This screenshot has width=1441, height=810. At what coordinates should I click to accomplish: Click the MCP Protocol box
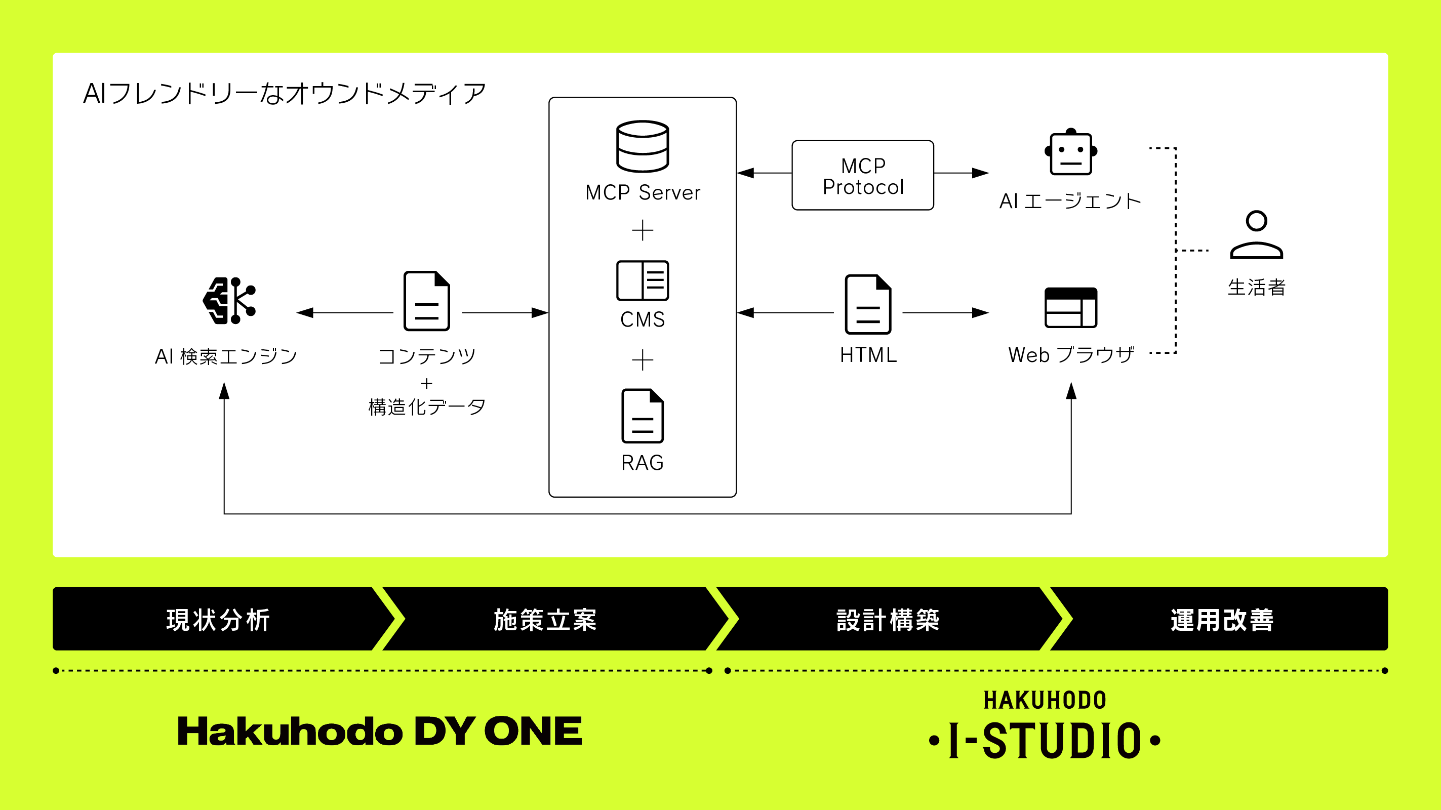coord(863,176)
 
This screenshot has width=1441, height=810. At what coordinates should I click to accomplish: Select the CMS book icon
coord(642,280)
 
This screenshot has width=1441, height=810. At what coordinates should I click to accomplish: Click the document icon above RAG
coord(642,416)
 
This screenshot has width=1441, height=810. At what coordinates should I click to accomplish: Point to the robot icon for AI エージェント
coord(1071,152)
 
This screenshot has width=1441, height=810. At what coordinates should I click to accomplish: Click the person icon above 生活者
coord(1256,235)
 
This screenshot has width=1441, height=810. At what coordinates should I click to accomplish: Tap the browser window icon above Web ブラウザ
coord(1071,307)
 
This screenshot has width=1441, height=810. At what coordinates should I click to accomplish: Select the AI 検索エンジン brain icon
coord(229,300)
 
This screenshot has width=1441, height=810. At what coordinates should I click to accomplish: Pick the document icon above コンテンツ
coord(427,301)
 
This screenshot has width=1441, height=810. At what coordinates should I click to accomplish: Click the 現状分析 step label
coord(218,620)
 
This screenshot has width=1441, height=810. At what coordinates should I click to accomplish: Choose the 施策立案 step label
coord(545,620)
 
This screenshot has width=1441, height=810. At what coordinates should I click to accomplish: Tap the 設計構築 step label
coord(888,620)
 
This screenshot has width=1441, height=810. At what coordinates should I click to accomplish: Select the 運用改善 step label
coord(1222,620)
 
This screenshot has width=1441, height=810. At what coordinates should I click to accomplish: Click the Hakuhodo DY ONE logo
coord(380,731)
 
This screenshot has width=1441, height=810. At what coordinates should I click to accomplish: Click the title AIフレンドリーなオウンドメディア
coord(285,94)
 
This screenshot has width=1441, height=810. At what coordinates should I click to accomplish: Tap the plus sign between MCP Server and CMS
coord(642,230)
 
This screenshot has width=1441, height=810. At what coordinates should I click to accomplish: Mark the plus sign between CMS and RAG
coord(642,359)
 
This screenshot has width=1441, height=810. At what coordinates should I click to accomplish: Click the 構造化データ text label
coord(427,407)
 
